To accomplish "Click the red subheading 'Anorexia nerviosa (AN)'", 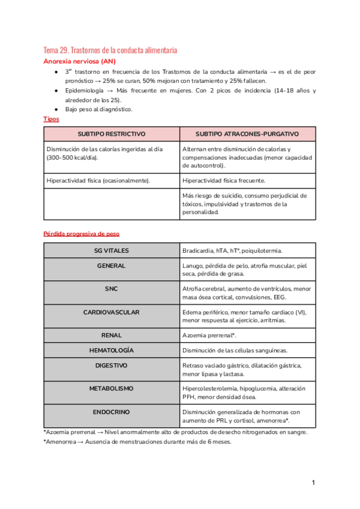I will click(80, 61).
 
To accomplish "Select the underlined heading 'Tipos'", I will click(52, 119).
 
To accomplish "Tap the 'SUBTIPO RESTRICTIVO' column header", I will click(112, 134).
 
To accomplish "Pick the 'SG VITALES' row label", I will click(112, 250).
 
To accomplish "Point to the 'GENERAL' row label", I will click(112, 265).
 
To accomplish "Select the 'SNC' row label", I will click(112, 289).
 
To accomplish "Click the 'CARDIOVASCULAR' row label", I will click(112, 312).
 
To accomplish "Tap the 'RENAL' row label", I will click(112, 335).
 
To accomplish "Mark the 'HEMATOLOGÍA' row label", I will click(112, 350).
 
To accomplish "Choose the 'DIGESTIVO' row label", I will click(112, 365).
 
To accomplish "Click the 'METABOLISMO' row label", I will click(112, 388).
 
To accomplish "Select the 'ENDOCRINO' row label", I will click(112, 412).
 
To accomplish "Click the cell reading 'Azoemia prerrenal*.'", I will click(209, 335).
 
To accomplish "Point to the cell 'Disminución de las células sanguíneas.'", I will click(235, 350).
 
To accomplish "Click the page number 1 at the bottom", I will click(313, 483).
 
